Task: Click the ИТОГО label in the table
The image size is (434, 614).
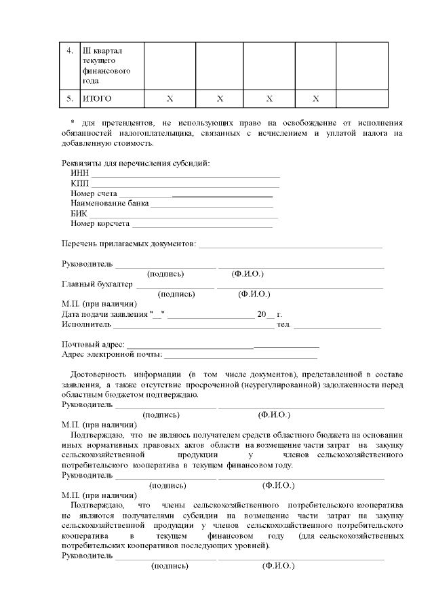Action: click(x=97, y=99)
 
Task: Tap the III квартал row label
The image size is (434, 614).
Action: click(x=102, y=51)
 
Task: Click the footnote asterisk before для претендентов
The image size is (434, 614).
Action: click(x=73, y=123)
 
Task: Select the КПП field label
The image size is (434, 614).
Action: click(x=80, y=184)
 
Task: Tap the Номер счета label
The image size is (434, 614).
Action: click(x=94, y=194)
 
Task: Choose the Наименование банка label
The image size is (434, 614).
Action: click(x=109, y=204)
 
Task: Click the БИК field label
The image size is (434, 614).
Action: click(x=79, y=214)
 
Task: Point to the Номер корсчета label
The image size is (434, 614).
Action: click(x=100, y=224)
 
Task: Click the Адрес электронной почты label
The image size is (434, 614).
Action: click(x=112, y=354)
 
